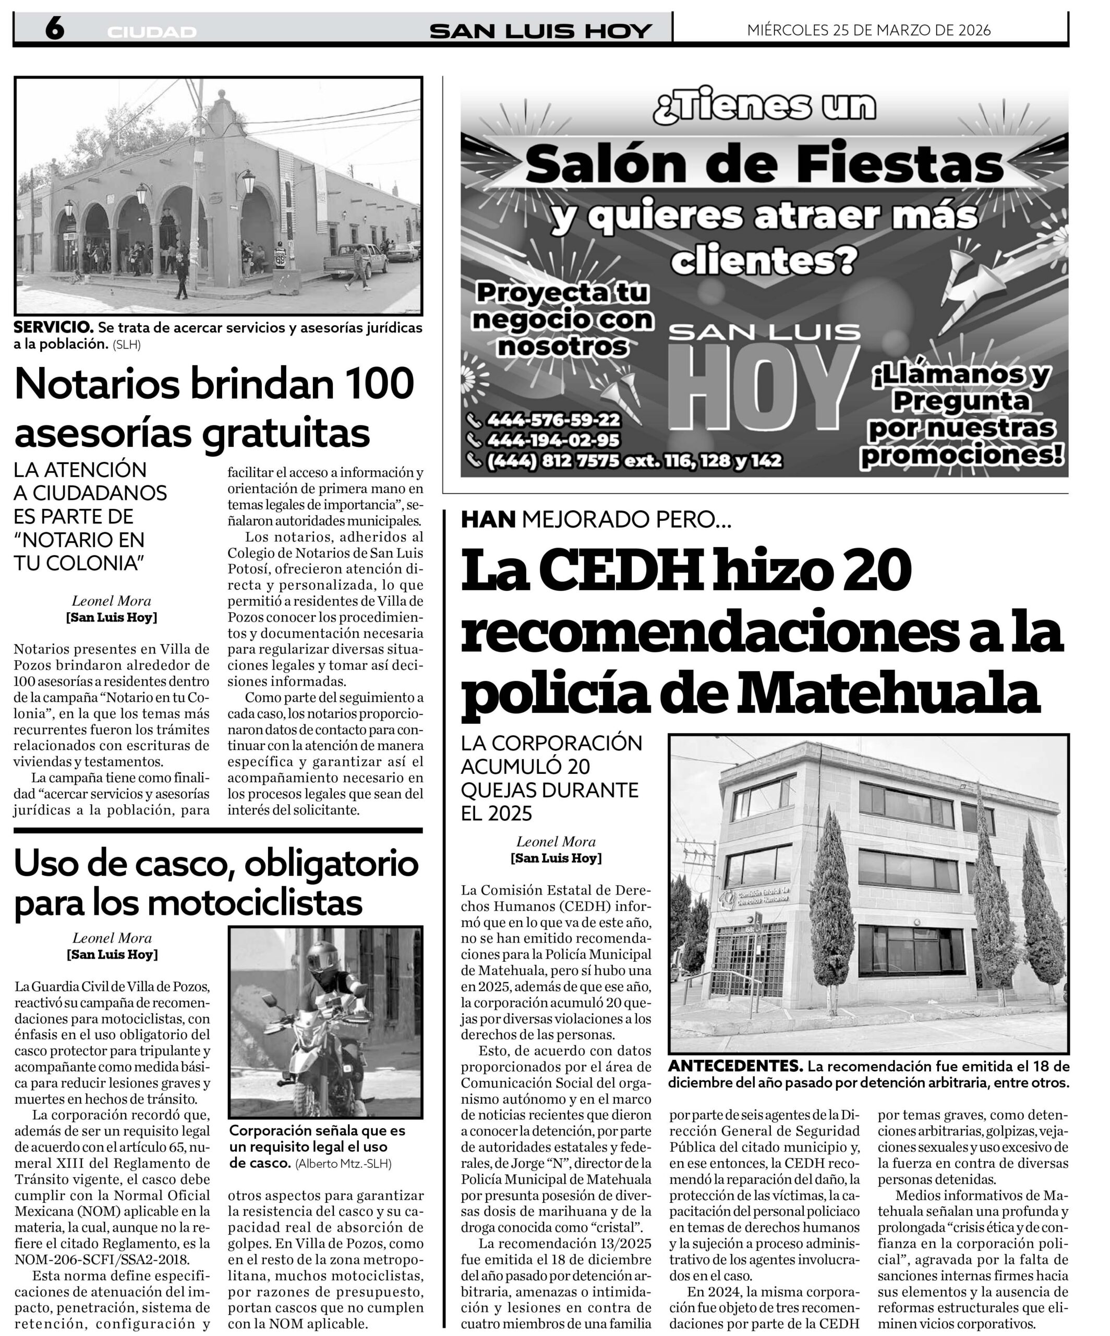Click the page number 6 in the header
[54, 29]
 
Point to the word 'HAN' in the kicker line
[488, 520]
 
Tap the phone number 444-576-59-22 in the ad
[552, 420]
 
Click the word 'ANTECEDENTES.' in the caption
[735, 1066]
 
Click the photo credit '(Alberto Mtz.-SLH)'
[343, 1164]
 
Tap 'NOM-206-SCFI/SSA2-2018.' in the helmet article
[102, 1259]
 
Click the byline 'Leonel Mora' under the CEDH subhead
[556, 842]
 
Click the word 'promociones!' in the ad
[962, 455]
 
